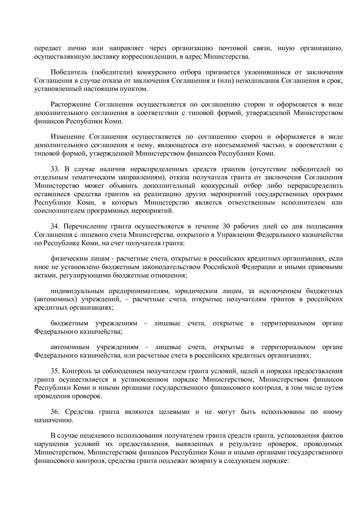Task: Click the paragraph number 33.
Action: (x=55, y=169)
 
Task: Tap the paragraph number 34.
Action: (x=55, y=226)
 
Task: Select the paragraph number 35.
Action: (x=55, y=371)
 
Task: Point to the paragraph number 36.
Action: (x=55, y=412)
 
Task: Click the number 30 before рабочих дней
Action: (x=226, y=226)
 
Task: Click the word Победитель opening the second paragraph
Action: (x=67, y=72)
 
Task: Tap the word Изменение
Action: (x=68, y=137)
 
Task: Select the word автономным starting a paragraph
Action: (x=70, y=347)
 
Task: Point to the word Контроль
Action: (x=75, y=371)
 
